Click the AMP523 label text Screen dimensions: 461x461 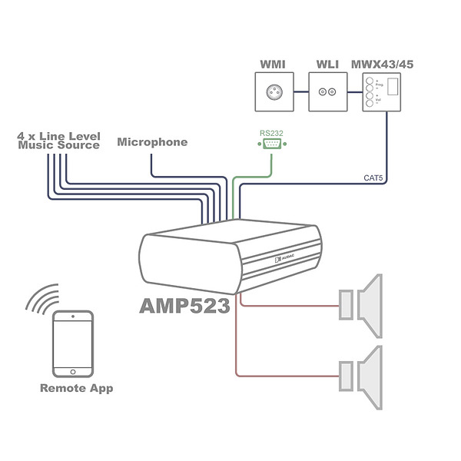click(184, 306)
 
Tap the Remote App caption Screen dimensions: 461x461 click(76, 388)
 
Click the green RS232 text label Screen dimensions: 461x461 click(271, 133)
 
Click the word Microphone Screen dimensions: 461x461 click(152, 142)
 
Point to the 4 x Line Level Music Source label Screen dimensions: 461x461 click(59, 140)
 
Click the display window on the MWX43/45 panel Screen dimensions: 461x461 click(393, 87)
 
